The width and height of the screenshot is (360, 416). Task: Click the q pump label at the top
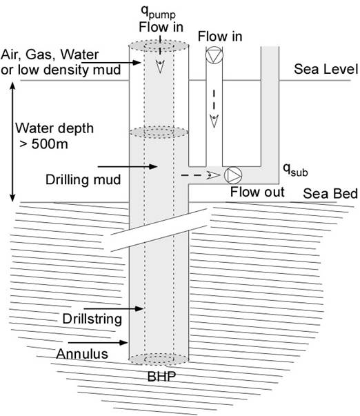pos(158,12)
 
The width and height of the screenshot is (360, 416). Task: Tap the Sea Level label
pos(326,69)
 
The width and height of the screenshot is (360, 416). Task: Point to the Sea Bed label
pos(330,193)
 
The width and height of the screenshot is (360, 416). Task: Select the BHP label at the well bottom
pos(161,377)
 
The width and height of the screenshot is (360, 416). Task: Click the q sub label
pos(295,170)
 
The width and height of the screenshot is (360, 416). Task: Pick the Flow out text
pos(257,192)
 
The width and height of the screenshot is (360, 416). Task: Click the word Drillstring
pos(92,319)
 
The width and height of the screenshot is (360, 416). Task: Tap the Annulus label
pos(82,354)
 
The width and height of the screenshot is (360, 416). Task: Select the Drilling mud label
pos(83,179)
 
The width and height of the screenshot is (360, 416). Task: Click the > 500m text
pos(43,144)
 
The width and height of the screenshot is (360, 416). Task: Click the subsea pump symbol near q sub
pos(233,175)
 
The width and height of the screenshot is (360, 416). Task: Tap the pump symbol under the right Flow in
pos(214,55)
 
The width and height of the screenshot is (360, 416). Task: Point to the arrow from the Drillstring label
pos(114,308)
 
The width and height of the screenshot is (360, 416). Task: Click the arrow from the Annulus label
pos(98,342)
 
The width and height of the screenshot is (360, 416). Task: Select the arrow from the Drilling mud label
pos(128,167)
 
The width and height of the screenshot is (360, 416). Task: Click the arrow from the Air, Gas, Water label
pos(110,63)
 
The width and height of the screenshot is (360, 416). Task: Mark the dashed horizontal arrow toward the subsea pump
pos(201,175)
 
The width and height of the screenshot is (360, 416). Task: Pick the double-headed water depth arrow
pos(12,142)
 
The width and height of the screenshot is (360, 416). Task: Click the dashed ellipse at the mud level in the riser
pos(159,132)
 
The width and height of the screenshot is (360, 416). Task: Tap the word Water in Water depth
pos(35,128)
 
